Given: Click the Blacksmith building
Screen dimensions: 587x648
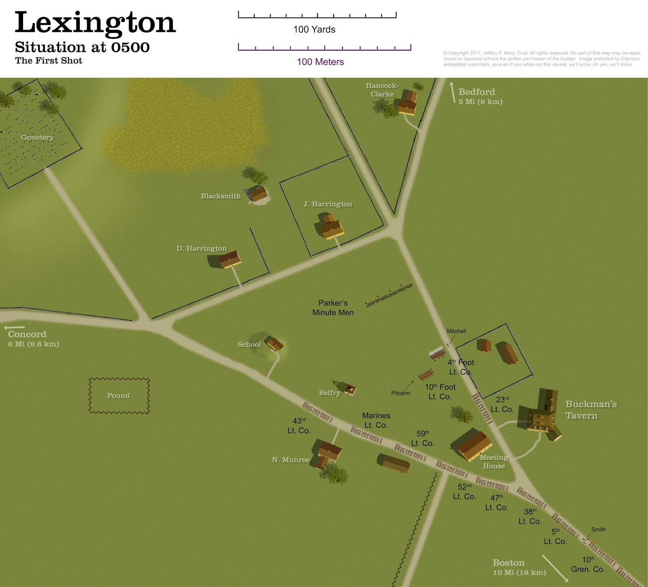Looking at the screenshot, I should coord(258,193).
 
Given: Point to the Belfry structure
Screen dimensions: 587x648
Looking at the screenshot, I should coord(349,390).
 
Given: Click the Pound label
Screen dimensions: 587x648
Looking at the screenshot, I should coord(118,396).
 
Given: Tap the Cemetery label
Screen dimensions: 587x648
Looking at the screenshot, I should coord(37,137).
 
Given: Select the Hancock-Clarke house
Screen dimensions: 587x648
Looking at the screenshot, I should coord(407,104).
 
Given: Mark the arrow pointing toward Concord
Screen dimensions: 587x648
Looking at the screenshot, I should coord(14,327).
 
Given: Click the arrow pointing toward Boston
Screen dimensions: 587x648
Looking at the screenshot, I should coord(554,567).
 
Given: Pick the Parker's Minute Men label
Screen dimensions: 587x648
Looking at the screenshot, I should coord(333,308).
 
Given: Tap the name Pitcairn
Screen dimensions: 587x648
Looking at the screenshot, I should coord(401,393).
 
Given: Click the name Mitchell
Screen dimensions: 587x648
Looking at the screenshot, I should coord(456,331).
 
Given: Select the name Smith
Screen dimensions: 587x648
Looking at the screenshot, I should coord(598,529).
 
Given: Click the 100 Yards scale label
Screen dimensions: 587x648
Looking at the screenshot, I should coord(314,30).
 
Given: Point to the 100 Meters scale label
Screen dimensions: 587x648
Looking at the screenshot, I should coord(320,62).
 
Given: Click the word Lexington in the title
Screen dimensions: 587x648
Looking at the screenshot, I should coord(96,23).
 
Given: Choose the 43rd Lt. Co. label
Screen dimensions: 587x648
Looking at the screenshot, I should coord(299,426).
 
